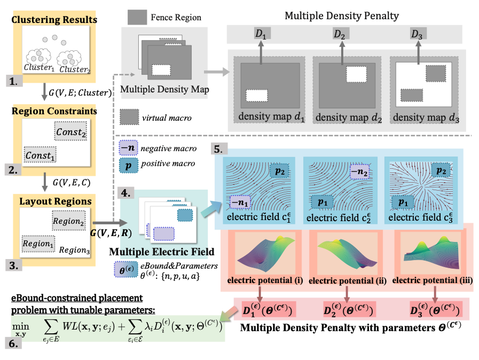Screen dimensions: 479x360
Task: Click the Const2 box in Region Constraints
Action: (70, 131)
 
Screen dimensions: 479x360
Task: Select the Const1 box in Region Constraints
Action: (40, 155)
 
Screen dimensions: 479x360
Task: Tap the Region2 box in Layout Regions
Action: (69, 220)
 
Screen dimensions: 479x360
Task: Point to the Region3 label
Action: (74, 250)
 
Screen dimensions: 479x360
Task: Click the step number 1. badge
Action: (14, 81)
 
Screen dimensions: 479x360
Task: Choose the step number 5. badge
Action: (219, 149)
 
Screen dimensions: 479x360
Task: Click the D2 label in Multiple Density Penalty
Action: (340, 34)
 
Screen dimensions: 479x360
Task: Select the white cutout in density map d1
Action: (257, 96)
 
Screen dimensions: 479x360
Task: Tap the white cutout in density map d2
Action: (357, 74)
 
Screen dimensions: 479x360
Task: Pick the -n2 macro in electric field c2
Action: (359, 172)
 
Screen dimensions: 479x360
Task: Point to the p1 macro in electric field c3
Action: (403, 202)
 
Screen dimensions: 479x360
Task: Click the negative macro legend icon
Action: (128, 148)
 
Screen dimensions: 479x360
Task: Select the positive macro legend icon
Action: (129, 166)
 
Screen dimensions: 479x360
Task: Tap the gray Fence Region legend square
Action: (137, 17)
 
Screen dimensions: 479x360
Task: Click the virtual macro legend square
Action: (130, 117)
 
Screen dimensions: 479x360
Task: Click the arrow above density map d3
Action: (418, 52)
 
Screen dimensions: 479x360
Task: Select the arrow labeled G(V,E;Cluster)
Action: (45, 92)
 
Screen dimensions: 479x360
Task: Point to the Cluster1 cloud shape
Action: (38, 57)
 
